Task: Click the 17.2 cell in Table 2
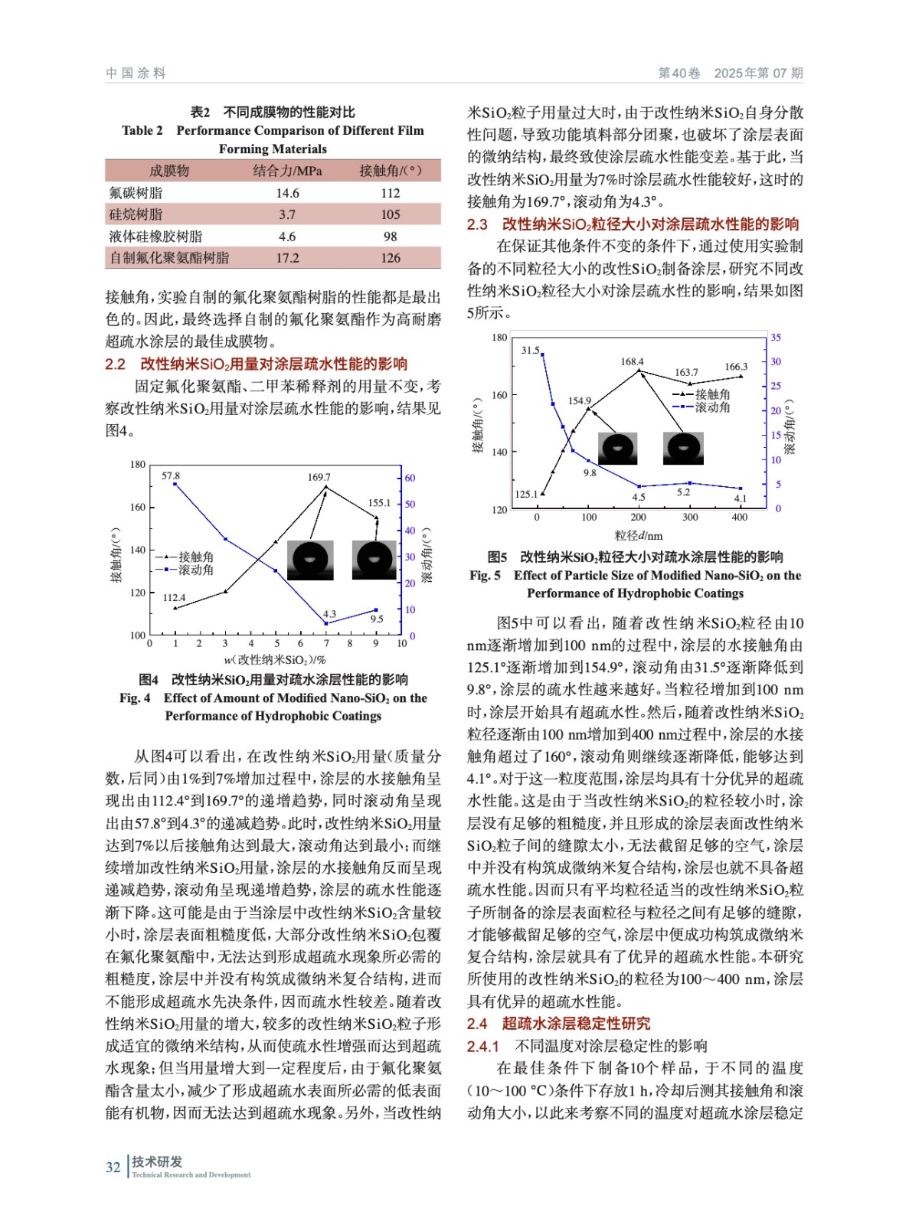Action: coord(287,258)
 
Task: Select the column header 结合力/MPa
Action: coord(287,171)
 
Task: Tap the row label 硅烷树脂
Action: coord(136,214)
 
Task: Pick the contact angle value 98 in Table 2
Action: coord(390,237)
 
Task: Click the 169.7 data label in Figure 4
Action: coord(319,477)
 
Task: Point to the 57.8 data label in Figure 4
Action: coord(170,476)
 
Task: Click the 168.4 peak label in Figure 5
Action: coord(632,361)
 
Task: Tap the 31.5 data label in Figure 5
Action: coord(530,350)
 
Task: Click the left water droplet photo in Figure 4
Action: coord(310,560)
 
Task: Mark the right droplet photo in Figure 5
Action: coord(683,448)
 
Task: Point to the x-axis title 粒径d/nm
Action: coord(638,536)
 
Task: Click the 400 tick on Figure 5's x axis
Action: coord(739,518)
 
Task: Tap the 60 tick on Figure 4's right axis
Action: coord(410,478)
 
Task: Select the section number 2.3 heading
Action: coord(477,224)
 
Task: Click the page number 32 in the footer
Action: coord(113,1167)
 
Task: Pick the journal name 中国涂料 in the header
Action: coord(136,73)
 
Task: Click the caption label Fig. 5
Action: coord(485,576)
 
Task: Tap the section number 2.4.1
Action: coord(482,1046)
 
